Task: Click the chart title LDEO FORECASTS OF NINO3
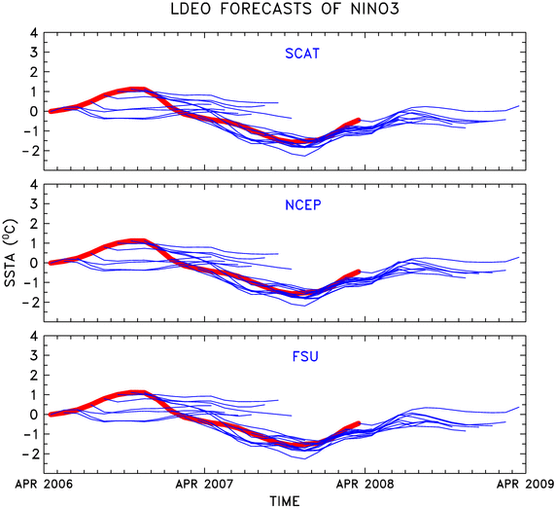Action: pyautogui.click(x=285, y=9)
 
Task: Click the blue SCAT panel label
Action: pyautogui.click(x=302, y=54)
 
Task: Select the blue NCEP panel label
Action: pyautogui.click(x=303, y=205)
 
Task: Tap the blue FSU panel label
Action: pyautogui.click(x=305, y=356)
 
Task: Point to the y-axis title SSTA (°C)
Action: pyautogui.click(x=10, y=253)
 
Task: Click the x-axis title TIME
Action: pyautogui.click(x=285, y=501)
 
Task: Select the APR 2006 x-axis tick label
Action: pyautogui.click(x=44, y=484)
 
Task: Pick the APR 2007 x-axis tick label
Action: pyautogui.click(x=204, y=484)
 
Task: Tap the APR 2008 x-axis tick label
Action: pyautogui.click(x=365, y=484)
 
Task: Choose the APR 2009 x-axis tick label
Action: pyautogui.click(x=526, y=484)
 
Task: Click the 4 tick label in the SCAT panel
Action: pyautogui.click(x=34, y=33)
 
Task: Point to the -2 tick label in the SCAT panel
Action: pyautogui.click(x=29, y=151)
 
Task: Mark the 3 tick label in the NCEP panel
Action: pyautogui.click(x=34, y=203)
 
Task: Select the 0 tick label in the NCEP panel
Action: pyautogui.click(x=34, y=263)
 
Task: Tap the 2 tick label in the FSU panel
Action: pyautogui.click(x=34, y=375)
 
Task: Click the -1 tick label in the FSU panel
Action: pyautogui.click(x=29, y=434)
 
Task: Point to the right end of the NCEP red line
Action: pyautogui.click(x=359, y=272)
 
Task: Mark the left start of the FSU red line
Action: pyautogui.click(x=51, y=415)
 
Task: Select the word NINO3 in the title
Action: pyautogui.click(x=375, y=9)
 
